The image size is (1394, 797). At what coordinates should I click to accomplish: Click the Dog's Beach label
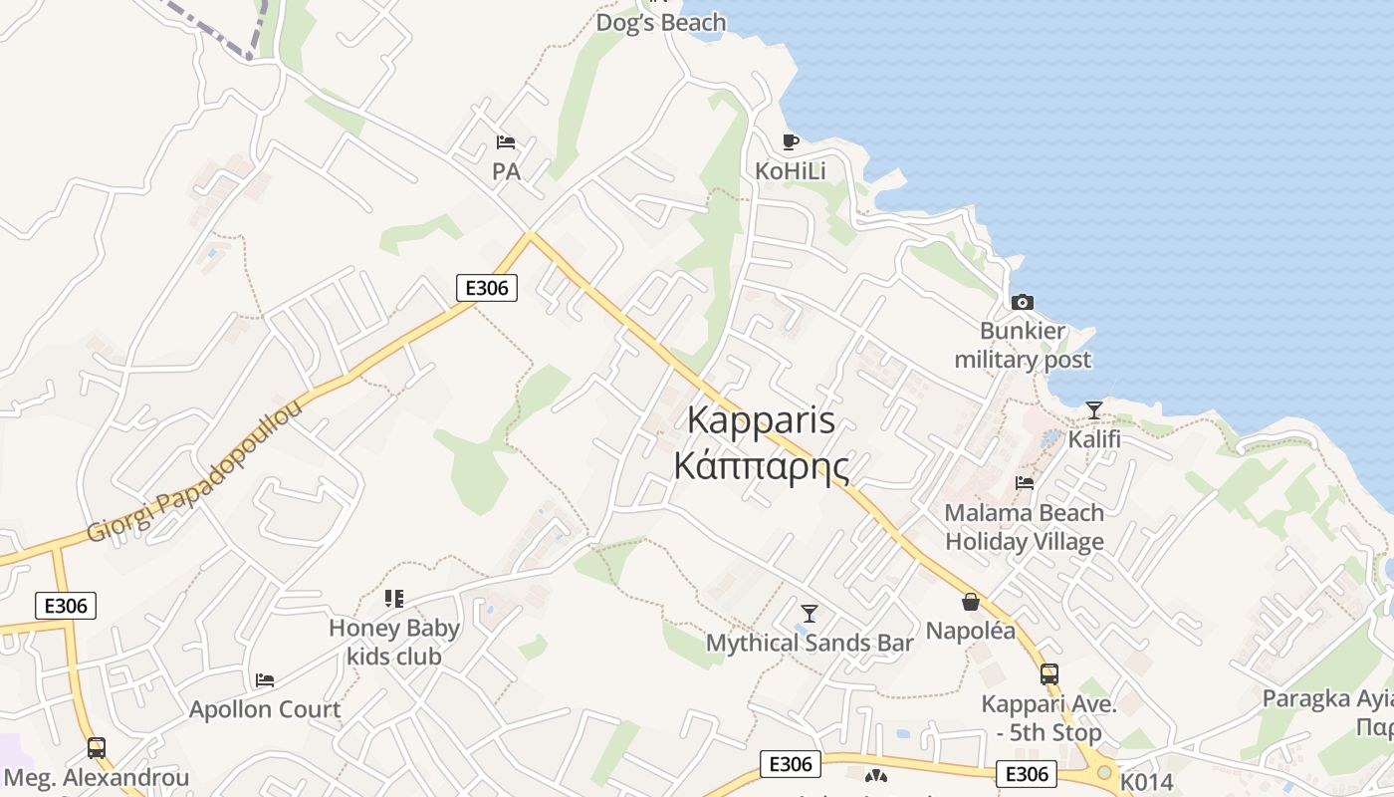tap(660, 22)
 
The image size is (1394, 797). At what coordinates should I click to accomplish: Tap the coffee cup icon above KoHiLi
tap(791, 141)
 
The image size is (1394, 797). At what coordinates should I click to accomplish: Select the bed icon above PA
tap(506, 142)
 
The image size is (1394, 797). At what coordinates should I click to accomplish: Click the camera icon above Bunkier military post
tap(1023, 302)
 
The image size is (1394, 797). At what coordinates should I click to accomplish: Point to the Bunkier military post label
tap(1023, 345)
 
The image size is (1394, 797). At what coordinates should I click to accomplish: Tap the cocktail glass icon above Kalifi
tap(1094, 409)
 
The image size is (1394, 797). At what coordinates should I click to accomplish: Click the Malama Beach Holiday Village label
tap(1025, 527)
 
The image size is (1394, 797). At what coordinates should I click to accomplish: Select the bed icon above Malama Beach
tap(1025, 483)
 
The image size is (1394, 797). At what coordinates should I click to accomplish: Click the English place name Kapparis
tap(762, 420)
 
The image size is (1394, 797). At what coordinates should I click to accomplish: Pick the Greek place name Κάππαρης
tap(762, 465)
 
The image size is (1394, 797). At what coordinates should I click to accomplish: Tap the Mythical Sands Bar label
tap(810, 643)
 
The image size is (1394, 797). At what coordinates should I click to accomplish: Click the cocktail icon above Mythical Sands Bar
tap(810, 613)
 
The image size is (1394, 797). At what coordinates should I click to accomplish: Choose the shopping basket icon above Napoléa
tap(971, 602)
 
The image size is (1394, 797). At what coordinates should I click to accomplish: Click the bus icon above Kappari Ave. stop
tap(1049, 674)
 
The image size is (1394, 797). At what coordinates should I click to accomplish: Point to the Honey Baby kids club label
tap(394, 642)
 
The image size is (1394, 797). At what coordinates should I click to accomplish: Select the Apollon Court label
tap(265, 709)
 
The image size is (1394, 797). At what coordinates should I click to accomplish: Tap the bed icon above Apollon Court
tap(265, 680)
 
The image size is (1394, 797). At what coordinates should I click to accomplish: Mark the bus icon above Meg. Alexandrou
tap(97, 747)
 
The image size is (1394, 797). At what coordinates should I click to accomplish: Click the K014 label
tap(1147, 782)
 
